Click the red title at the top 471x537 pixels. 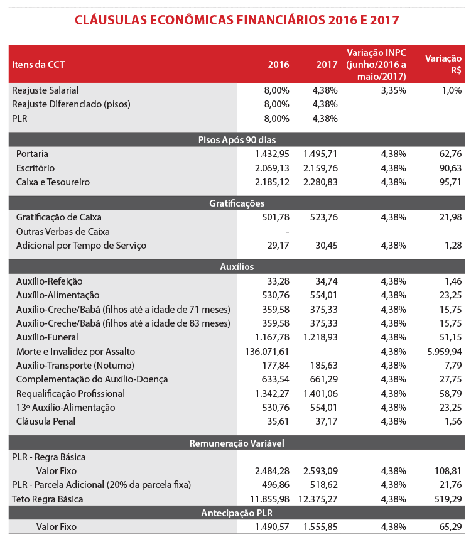click(237, 19)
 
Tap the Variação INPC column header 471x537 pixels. click(376, 64)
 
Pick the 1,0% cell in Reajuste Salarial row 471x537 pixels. click(451, 90)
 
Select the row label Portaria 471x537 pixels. click(33, 154)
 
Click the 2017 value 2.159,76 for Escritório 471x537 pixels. click(320, 168)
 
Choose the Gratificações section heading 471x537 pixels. click(237, 203)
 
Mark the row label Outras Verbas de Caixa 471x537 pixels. click(63, 231)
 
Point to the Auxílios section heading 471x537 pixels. click(237, 267)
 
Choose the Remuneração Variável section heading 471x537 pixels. click(237, 443)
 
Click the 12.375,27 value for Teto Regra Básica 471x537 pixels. click(318, 499)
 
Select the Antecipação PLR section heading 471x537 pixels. click(237, 513)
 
